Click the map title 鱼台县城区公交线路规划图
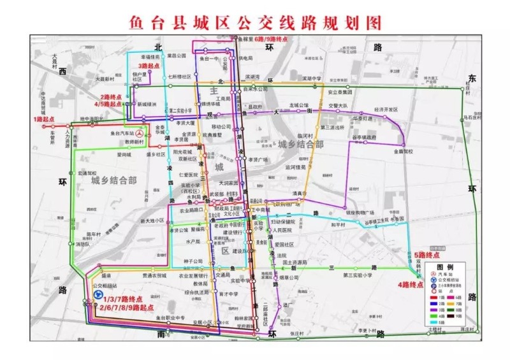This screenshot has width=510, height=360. pyautogui.click(x=254, y=22)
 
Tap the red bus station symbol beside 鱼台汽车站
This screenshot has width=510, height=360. pyautogui.click(x=140, y=134)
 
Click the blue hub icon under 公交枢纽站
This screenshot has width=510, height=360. pyautogui.click(x=98, y=295)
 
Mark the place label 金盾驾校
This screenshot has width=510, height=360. pyautogui.click(x=403, y=152)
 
